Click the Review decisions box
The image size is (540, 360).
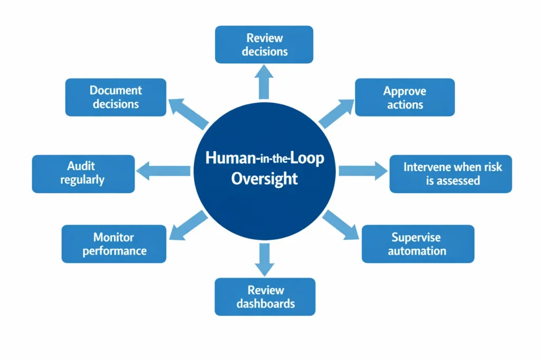(x=264, y=45)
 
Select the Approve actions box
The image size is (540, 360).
(x=404, y=98)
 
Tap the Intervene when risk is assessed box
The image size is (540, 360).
(x=450, y=174)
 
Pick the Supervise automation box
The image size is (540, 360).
(x=417, y=244)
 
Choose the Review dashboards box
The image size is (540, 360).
(x=265, y=297)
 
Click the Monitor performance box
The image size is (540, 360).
(x=113, y=244)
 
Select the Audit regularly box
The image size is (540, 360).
(x=83, y=173)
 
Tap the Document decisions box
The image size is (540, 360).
(x=115, y=98)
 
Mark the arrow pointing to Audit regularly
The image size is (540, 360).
(x=163, y=170)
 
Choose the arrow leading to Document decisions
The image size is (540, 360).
(x=188, y=113)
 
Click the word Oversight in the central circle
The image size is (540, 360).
(x=265, y=179)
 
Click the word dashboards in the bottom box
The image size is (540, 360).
(x=265, y=304)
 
